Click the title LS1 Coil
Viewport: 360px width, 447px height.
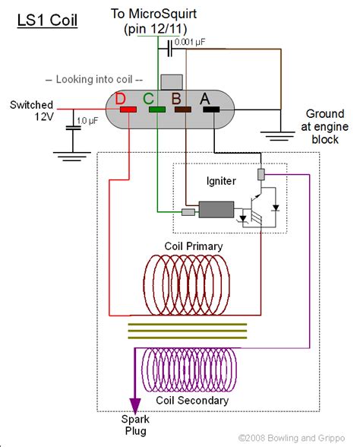pyautogui.click(x=47, y=21)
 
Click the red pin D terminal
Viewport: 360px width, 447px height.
pyautogui.click(x=128, y=109)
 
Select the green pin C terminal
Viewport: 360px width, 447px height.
pyautogui.click(x=157, y=109)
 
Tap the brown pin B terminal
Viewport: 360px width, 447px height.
pyautogui.click(x=183, y=109)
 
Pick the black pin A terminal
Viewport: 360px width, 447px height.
pyautogui.click(x=211, y=109)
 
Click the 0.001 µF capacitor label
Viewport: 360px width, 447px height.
pyautogui.click(x=190, y=43)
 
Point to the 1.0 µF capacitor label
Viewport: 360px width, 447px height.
pyautogui.click(x=87, y=121)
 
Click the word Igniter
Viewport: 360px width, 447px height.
pyautogui.click(x=221, y=181)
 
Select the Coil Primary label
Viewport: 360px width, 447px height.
pyautogui.click(x=194, y=246)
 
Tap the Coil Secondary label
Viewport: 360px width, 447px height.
pyautogui.click(x=192, y=400)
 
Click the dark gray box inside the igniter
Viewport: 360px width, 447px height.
pyautogui.click(x=216, y=210)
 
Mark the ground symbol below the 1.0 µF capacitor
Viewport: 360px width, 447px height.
pyautogui.click(x=72, y=157)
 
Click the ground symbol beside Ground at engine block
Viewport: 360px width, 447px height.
pyautogui.click(x=278, y=136)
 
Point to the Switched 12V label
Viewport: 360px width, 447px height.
pyautogui.click(x=32, y=111)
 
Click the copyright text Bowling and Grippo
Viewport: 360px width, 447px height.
pyautogui.click(x=292, y=438)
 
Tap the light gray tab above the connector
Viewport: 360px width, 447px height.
pyautogui.click(x=172, y=82)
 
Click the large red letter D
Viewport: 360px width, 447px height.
pyautogui.click(x=120, y=99)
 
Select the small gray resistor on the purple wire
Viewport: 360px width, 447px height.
pyautogui.click(x=261, y=174)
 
